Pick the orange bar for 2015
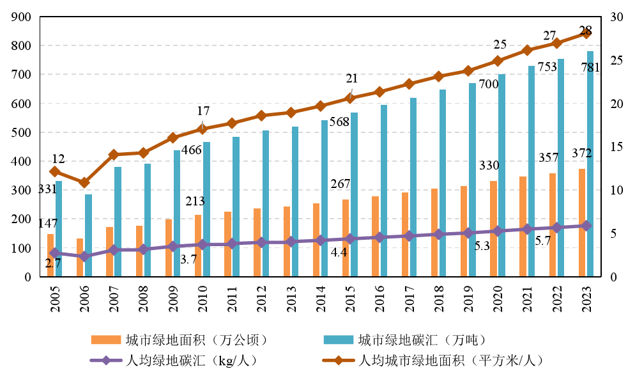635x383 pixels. point(346,238)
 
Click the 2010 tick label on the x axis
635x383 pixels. point(201,299)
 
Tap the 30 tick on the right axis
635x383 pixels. point(618,17)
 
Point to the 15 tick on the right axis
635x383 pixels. point(618,147)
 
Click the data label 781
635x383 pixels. point(591,68)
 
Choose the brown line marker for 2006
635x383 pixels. point(84,183)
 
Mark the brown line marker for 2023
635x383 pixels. point(586,33)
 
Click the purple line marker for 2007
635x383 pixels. point(113,250)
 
